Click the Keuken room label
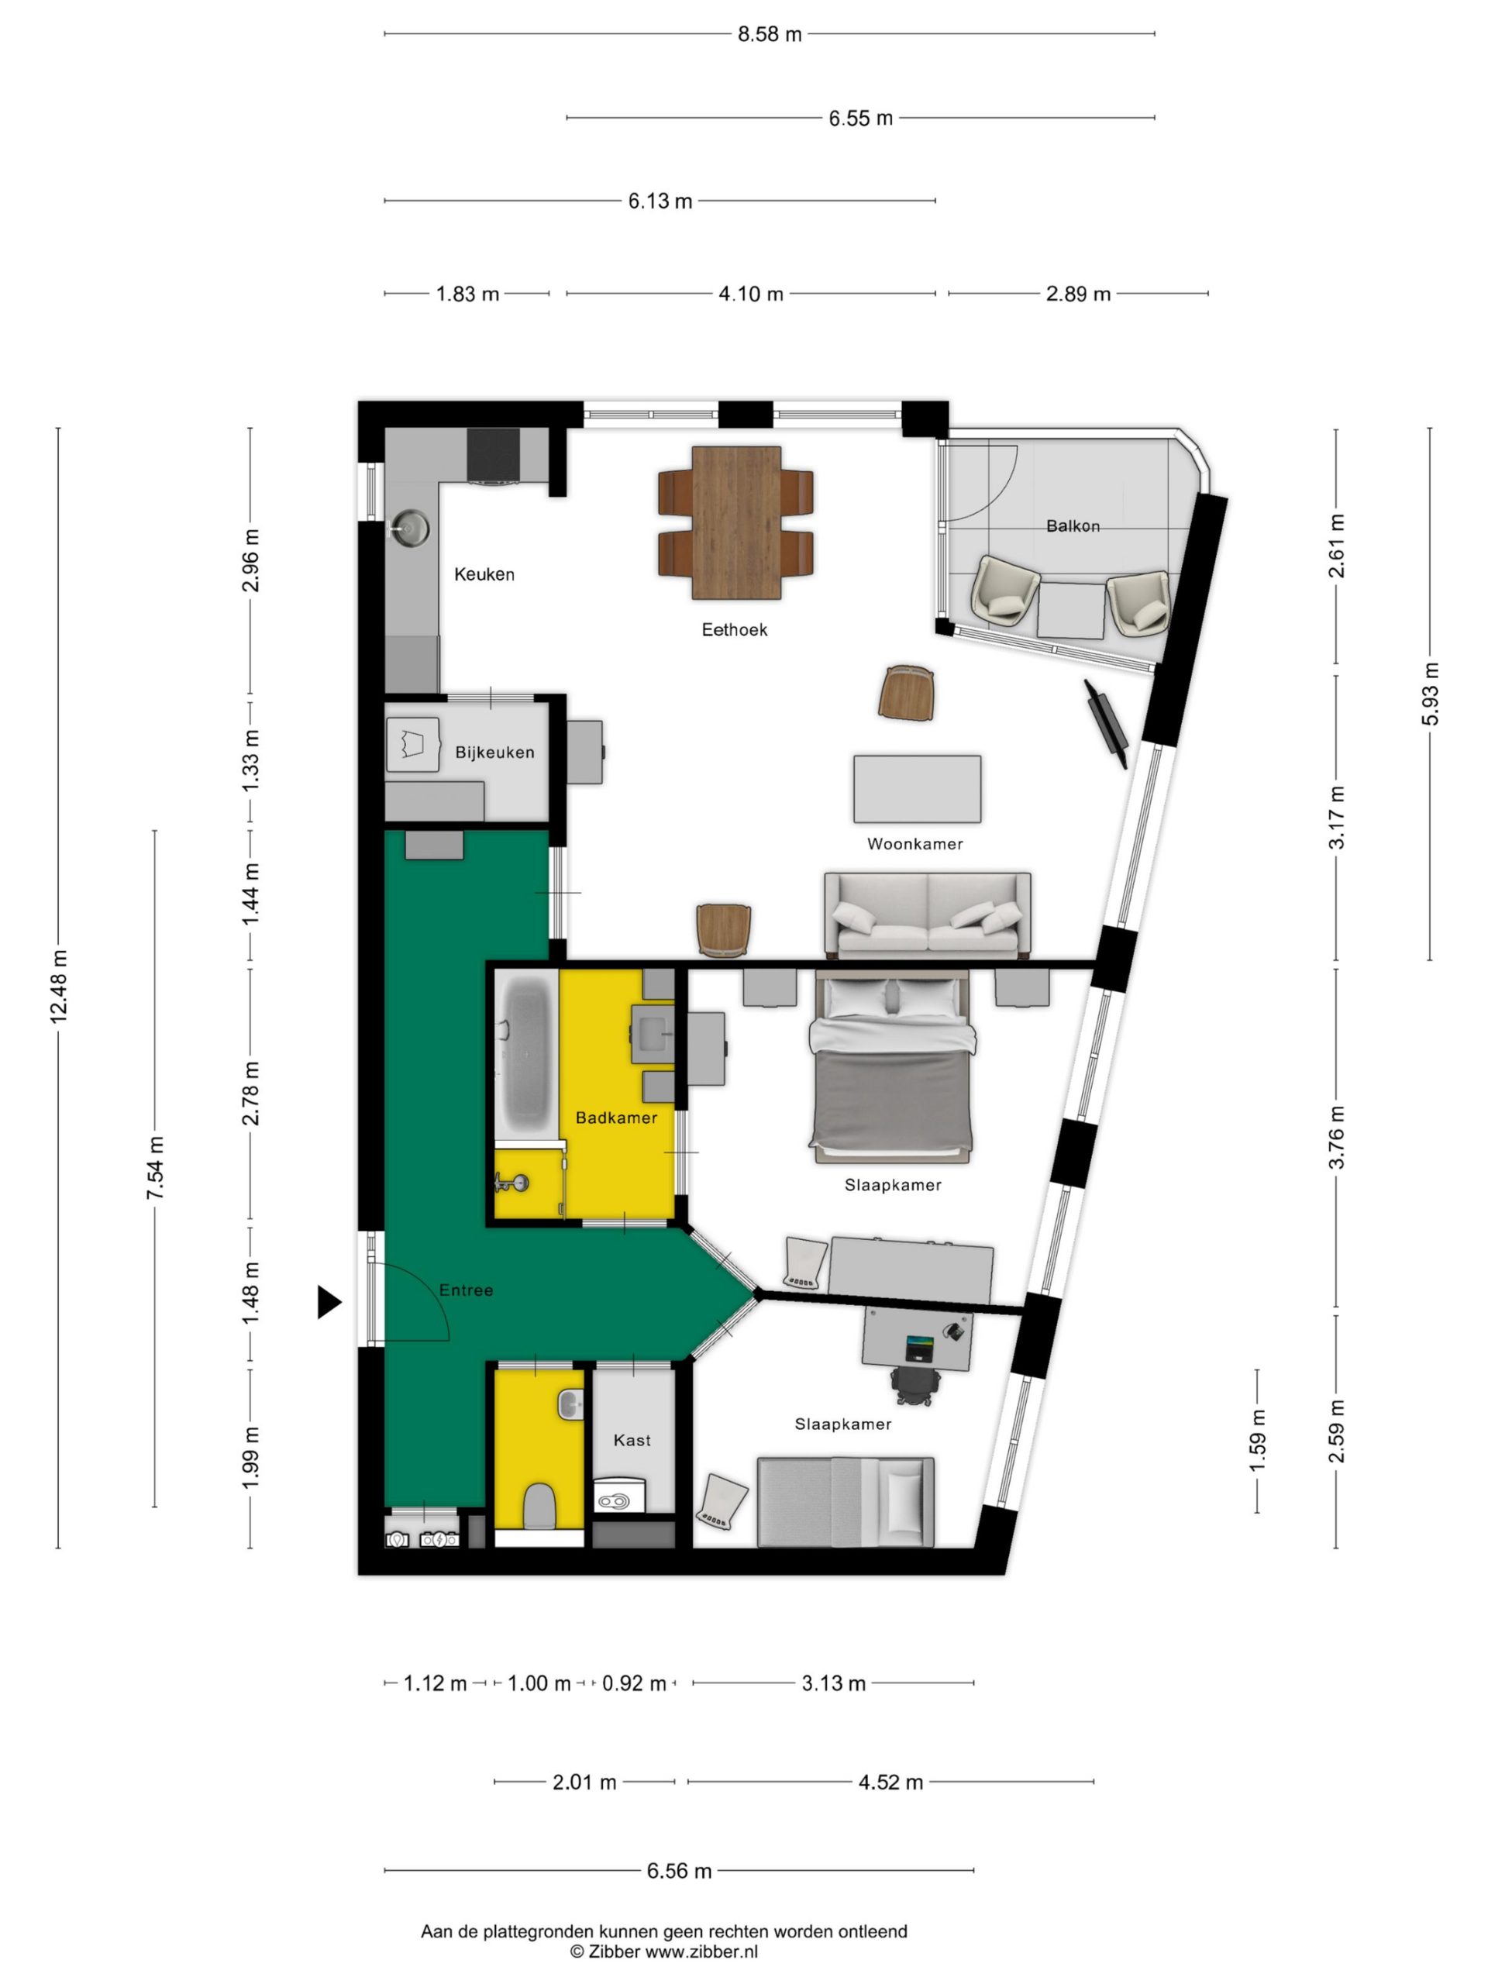[x=484, y=574]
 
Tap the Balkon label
[x=1072, y=525]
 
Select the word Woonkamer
[x=914, y=843]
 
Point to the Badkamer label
[x=615, y=1118]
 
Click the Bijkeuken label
[x=494, y=752]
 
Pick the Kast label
[x=632, y=1440]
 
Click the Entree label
[x=466, y=1290]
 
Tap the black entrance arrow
[x=329, y=1301]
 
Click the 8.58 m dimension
[x=769, y=34]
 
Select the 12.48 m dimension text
[x=59, y=986]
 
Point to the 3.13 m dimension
[x=832, y=1683]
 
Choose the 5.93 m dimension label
[x=1431, y=694]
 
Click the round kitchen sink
[x=411, y=526]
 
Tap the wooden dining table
[x=735, y=523]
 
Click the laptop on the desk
[x=919, y=1348]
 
